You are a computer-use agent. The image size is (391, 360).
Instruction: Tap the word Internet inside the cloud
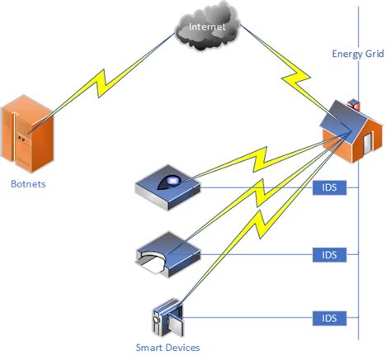tap(206, 27)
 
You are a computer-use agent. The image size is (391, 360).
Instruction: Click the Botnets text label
tap(28, 183)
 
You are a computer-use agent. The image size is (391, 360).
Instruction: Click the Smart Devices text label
tap(167, 348)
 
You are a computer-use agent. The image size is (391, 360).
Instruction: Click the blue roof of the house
tap(345, 120)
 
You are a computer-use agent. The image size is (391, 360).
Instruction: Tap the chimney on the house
tap(356, 104)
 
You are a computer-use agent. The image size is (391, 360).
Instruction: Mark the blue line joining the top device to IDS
tap(256, 188)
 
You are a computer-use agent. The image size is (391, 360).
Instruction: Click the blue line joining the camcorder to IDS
tap(247, 317)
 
